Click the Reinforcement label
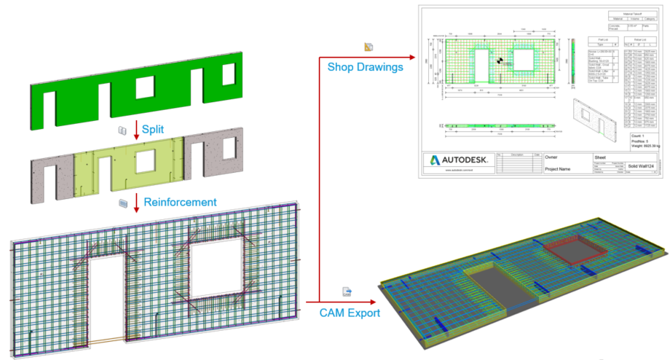point(179,202)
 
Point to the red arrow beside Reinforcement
point(137,203)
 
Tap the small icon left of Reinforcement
point(122,202)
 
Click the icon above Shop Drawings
point(368,47)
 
